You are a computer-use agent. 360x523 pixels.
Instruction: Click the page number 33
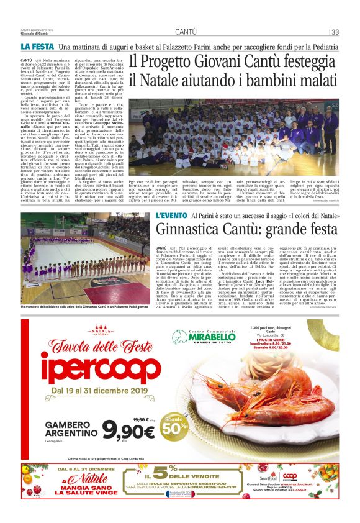(x=335, y=32)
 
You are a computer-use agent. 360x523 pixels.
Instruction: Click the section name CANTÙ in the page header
(x=186, y=32)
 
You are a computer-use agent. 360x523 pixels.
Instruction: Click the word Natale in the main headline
(x=176, y=81)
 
